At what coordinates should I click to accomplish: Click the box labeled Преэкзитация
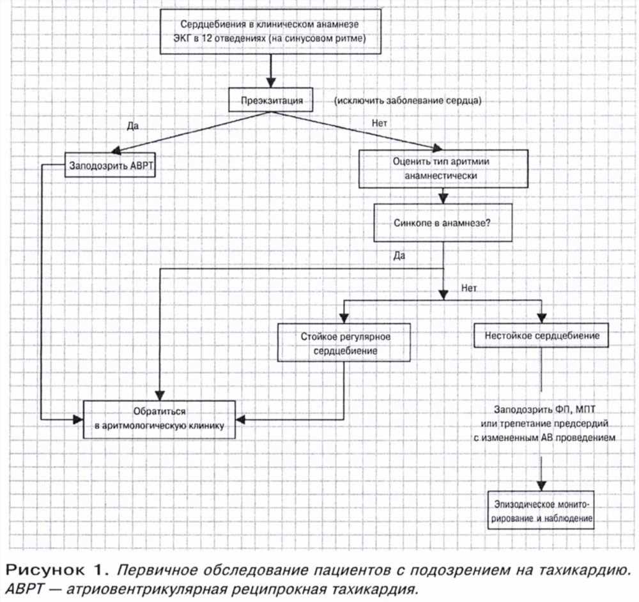pos(270,100)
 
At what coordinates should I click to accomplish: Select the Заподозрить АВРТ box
pos(110,165)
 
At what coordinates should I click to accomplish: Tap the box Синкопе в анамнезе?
pos(443,223)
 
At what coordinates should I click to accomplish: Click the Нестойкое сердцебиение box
pos(541,336)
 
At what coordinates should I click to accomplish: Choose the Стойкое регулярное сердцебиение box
pos(344,343)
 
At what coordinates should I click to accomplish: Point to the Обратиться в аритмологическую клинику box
pos(159,419)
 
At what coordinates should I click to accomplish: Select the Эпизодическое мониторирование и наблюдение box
pos(541,511)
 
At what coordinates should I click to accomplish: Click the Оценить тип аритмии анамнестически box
pos(443,169)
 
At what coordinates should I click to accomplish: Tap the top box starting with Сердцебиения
pos(270,31)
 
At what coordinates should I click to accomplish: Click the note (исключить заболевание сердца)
pos(408,100)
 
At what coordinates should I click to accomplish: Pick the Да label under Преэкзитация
pos(133,125)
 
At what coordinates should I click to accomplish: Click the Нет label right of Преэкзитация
pos(379,123)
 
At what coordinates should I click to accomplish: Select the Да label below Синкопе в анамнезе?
pos(399,256)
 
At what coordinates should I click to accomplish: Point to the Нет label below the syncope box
pos(468,288)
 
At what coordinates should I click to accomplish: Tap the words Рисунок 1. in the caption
pos(57,569)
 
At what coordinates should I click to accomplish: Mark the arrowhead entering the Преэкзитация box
pos(270,82)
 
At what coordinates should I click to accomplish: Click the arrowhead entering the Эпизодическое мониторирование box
pos(541,486)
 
